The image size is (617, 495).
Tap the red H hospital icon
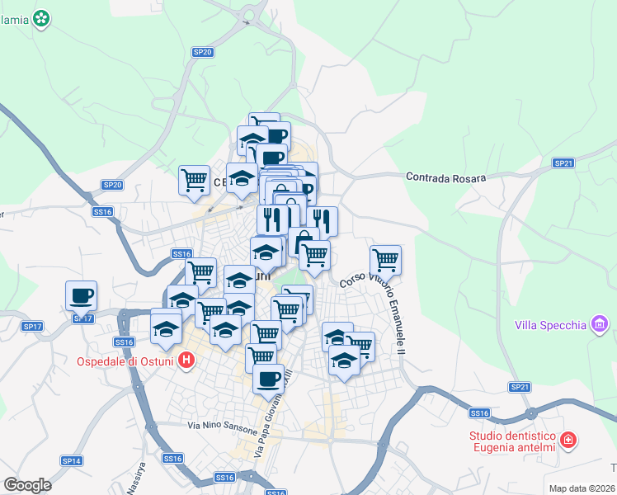[x=187, y=361]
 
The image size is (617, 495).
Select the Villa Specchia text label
[x=550, y=324]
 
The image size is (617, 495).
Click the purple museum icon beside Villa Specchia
[x=599, y=324]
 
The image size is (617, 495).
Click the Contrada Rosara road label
[x=445, y=177]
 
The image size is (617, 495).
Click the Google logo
[x=27, y=484]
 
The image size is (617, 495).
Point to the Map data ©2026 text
[x=582, y=488]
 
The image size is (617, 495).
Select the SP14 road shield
[x=71, y=460]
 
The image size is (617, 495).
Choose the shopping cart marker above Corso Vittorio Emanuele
[x=385, y=259]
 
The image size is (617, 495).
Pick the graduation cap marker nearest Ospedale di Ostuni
[x=166, y=328]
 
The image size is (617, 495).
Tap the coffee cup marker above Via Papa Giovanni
[x=268, y=379]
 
